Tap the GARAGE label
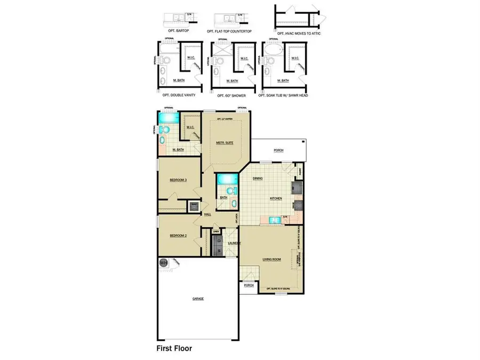coord(198,299)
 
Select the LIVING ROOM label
coord(272,260)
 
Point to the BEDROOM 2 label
coord(178,235)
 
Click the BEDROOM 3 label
coord(178,180)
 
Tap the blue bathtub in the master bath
coord(169,117)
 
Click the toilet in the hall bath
coord(229,190)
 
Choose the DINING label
coord(258,179)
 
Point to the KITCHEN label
coord(276,198)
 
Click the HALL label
coord(207,214)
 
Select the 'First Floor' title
coord(174,348)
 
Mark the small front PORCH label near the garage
coord(248,285)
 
